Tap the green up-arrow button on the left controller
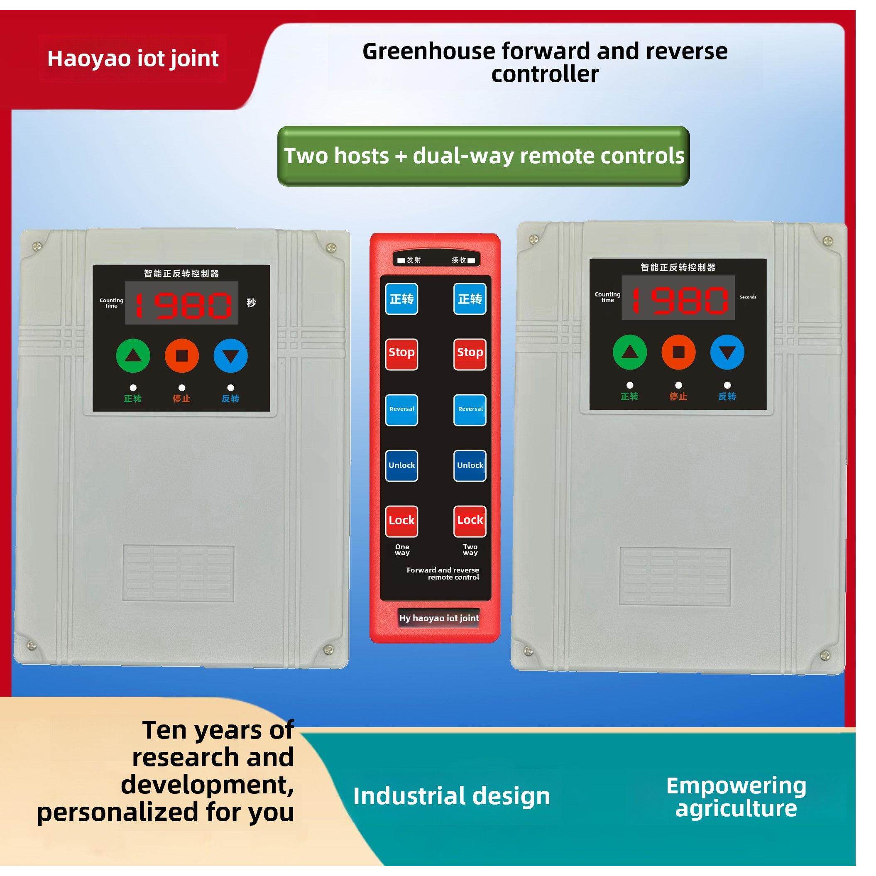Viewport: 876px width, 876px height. (x=133, y=356)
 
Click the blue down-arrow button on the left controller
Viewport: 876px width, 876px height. (x=230, y=356)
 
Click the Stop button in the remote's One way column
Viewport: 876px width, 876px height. (x=401, y=354)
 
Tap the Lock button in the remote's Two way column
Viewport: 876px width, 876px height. (x=470, y=521)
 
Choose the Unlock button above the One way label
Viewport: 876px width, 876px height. (x=401, y=466)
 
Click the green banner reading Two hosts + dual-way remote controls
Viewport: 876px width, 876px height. (x=483, y=156)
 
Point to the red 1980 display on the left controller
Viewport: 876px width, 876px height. (x=182, y=303)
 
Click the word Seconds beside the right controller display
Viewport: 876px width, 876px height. (x=748, y=297)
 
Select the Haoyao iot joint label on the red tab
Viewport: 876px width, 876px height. (x=133, y=59)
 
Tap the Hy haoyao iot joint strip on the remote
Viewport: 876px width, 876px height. (x=438, y=619)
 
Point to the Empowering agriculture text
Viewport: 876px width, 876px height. (x=736, y=797)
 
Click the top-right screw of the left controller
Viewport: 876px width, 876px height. (x=331, y=247)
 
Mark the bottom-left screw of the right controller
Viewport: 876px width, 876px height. (x=528, y=651)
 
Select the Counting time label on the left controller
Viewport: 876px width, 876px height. (x=112, y=303)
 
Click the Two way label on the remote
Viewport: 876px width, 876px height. (x=470, y=550)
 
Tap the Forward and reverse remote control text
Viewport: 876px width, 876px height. (x=443, y=574)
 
